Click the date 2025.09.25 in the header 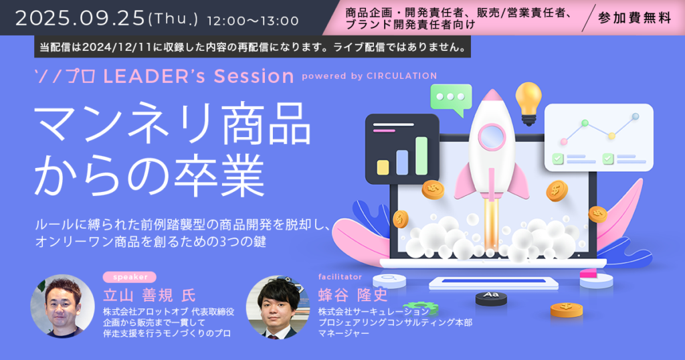click(x=80, y=19)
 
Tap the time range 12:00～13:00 click(x=253, y=21)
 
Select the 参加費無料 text click(x=634, y=18)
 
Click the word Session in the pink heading click(x=254, y=76)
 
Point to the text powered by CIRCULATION click(x=369, y=76)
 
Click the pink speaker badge click(x=130, y=277)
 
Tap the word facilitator click(x=340, y=276)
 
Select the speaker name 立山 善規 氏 click(x=149, y=296)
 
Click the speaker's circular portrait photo click(x=62, y=306)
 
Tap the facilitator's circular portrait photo click(x=278, y=307)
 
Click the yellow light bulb click(x=528, y=103)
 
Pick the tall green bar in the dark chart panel click(x=421, y=156)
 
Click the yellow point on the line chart click(x=611, y=136)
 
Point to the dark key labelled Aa click(x=491, y=298)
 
